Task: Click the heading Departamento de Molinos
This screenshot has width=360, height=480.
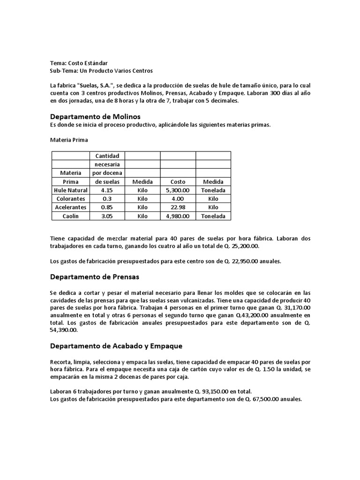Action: coord(95,116)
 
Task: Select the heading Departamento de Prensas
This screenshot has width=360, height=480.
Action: coord(94,277)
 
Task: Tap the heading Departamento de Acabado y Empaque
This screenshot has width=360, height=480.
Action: coord(116,346)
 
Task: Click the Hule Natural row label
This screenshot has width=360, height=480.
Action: coord(71,190)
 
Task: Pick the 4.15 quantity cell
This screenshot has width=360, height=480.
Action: coord(108,190)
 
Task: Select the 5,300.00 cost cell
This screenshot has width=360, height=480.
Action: coord(178,190)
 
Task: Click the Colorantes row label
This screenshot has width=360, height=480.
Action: coord(71,199)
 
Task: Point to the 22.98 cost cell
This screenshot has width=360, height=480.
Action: coord(178,207)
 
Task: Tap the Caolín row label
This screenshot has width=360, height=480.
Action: coord(71,216)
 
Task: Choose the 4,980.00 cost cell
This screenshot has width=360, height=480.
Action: coord(178,216)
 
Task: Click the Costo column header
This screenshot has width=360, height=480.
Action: coord(178,182)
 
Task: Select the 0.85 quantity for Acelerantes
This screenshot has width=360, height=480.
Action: coord(108,207)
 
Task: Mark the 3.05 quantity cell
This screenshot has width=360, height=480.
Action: coord(108,216)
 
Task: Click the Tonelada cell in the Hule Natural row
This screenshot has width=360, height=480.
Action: coord(213,190)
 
